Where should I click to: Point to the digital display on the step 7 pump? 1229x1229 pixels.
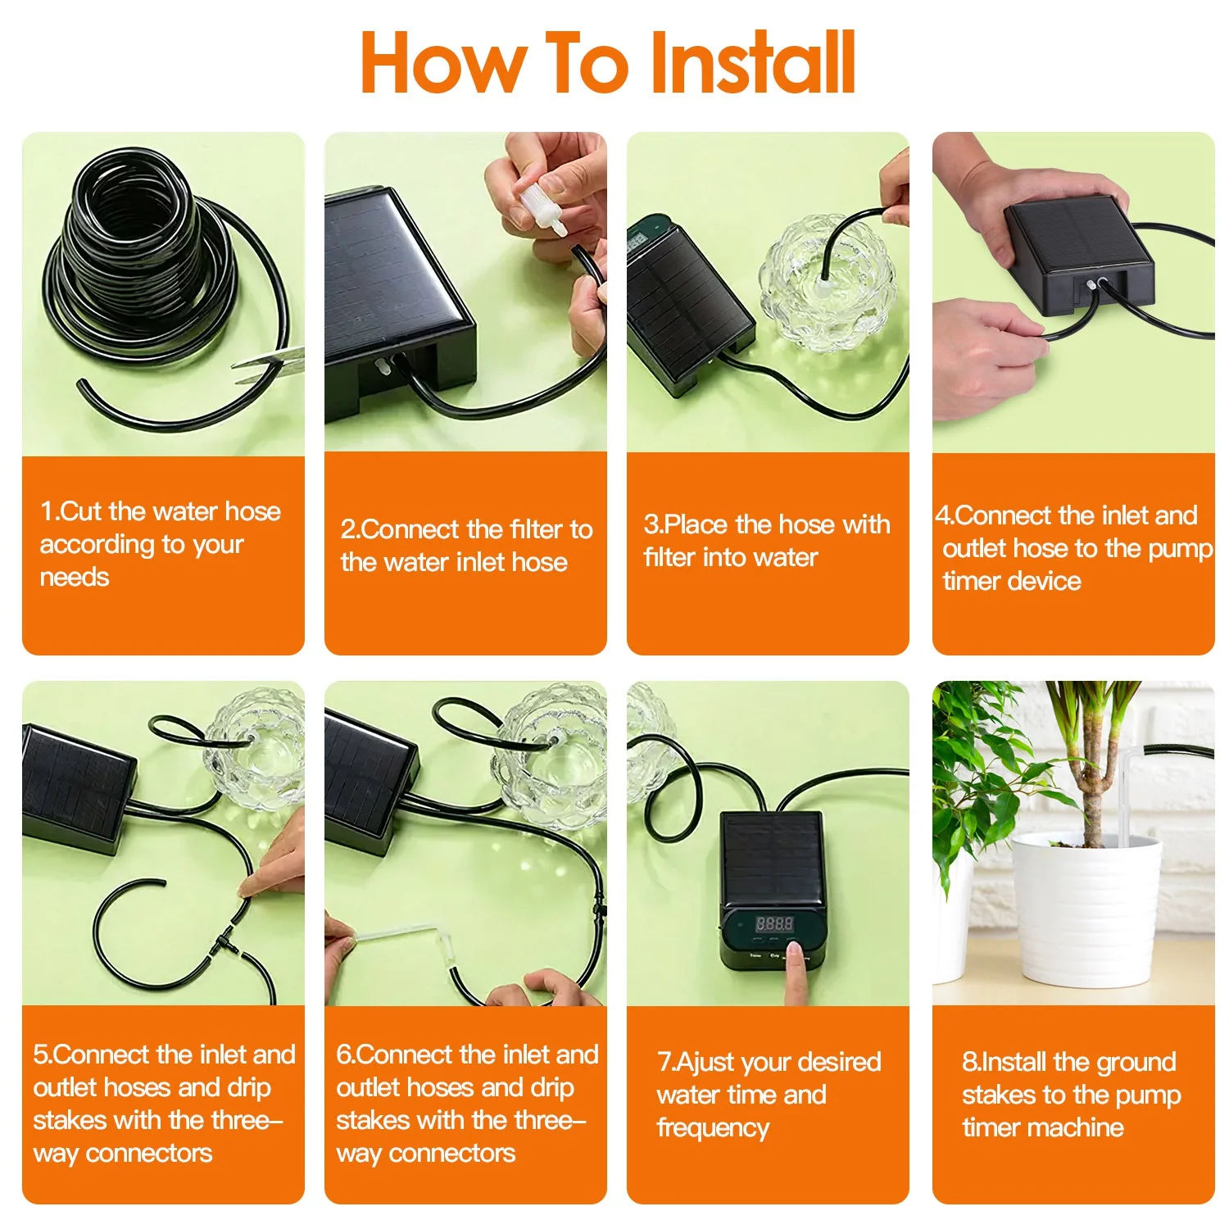pos(773,924)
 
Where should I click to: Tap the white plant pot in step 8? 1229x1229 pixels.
pos(1086,909)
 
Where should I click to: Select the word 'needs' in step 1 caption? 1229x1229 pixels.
pos(75,577)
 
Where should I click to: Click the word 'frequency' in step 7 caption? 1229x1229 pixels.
pos(713,1128)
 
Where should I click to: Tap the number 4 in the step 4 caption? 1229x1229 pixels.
pos(944,515)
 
